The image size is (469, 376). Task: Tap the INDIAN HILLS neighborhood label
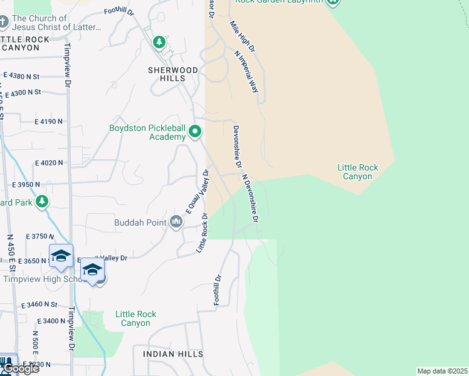tap(173, 354)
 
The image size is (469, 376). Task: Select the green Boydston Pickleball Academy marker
tap(195, 132)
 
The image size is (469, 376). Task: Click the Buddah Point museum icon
tap(176, 222)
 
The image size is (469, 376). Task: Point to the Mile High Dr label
tap(243, 36)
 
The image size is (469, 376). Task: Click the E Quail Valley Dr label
tap(196, 194)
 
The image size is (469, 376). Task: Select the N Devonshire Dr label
tap(250, 199)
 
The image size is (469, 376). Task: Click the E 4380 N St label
tap(21, 76)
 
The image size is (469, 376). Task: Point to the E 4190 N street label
tap(49, 121)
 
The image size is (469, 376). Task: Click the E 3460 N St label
tap(39, 305)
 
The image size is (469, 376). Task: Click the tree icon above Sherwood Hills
tap(159, 42)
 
